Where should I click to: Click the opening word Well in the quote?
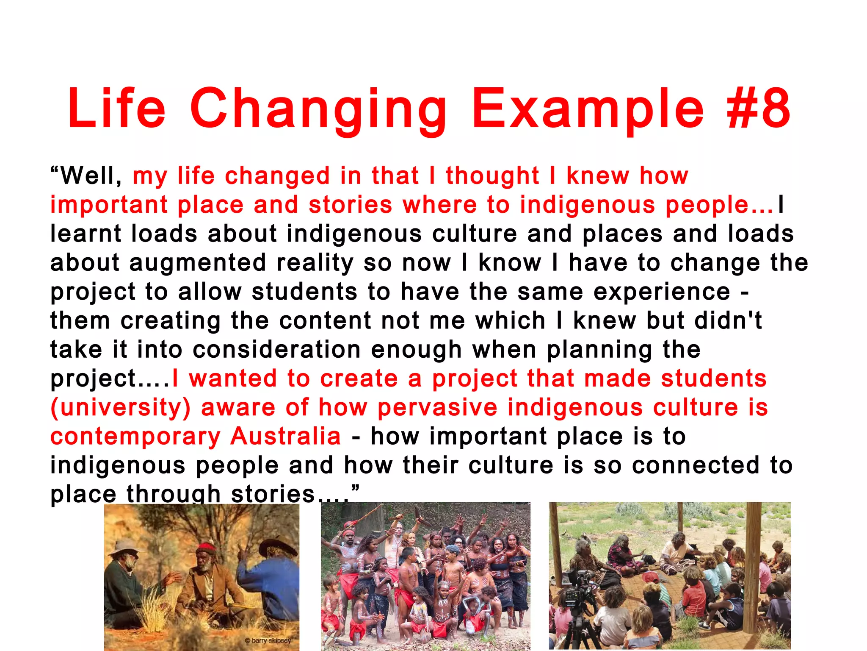(x=91, y=175)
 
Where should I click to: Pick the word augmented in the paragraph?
(x=198, y=263)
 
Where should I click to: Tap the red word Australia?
(x=285, y=436)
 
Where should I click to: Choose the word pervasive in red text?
(x=437, y=408)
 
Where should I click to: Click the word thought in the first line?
(x=492, y=176)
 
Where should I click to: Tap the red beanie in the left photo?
(x=207, y=549)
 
